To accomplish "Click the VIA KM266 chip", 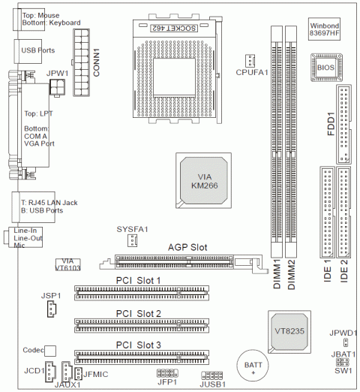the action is tap(203, 180).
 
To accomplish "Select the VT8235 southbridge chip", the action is tap(289, 332).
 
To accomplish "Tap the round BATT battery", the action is tap(253, 366).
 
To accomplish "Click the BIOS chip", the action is tap(326, 68).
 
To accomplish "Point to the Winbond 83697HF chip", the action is tap(324, 29).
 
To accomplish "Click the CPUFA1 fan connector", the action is tap(250, 61).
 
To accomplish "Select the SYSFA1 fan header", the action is tap(132, 240).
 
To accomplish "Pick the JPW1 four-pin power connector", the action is tap(57, 87).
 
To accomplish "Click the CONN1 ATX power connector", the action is tap(82, 62).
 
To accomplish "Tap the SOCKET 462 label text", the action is tap(174, 28).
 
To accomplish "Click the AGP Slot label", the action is tap(187, 247).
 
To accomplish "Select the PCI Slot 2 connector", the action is tap(142, 325).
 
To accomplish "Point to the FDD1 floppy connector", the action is tap(343, 125).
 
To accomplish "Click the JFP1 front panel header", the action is tap(167, 373).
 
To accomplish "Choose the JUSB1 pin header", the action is tap(212, 375).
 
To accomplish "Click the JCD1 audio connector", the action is tap(50, 372).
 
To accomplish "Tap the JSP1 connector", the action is tap(52, 309).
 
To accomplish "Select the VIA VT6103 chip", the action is tap(67, 264).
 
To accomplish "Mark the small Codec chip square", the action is tap(50, 351).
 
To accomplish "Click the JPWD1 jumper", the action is tap(346, 342).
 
